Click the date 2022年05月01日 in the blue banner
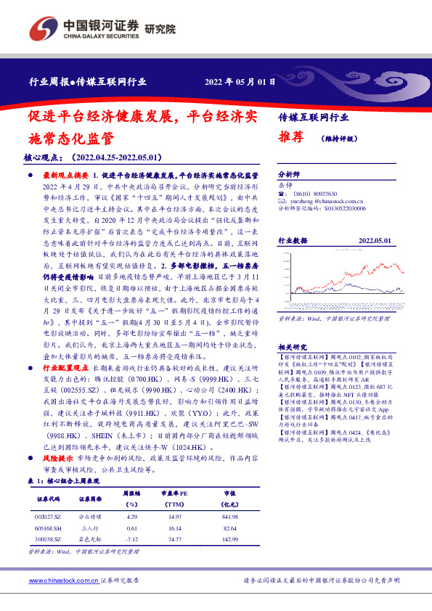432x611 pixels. (240, 81)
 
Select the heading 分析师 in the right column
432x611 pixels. (290, 176)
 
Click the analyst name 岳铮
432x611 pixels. (287, 186)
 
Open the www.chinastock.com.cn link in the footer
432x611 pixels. (62, 581)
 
